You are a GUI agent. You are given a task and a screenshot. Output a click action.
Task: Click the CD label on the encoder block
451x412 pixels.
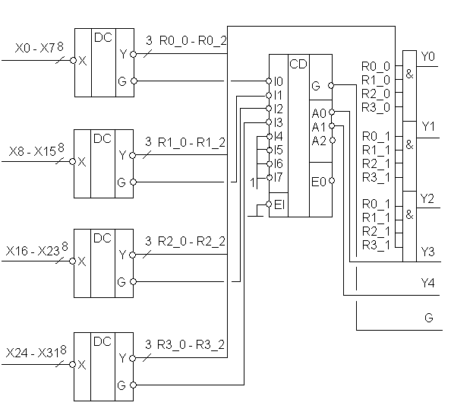pyautogui.click(x=298, y=64)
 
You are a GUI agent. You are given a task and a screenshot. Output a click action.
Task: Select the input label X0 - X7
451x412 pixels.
pyautogui.click(x=34, y=48)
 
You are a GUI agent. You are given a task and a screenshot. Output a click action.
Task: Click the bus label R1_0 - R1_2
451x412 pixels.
pyautogui.click(x=191, y=142)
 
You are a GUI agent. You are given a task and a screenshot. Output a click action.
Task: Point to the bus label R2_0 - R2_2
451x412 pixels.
pyautogui.click(x=191, y=241)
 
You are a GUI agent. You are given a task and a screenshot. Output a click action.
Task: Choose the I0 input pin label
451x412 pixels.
pyautogui.click(x=278, y=81)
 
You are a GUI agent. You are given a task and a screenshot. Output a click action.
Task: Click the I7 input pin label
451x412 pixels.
pyautogui.click(x=278, y=177)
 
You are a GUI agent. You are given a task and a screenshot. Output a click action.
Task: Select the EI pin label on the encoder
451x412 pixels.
pyautogui.click(x=279, y=204)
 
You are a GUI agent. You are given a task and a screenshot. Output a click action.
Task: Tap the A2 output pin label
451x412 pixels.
pyautogui.click(x=319, y=141)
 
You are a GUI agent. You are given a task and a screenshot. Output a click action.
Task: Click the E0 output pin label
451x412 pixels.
pyautogui.click(x=319, y=182)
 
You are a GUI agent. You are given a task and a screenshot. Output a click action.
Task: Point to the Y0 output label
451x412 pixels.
pyautogui.click(x=427, y=56)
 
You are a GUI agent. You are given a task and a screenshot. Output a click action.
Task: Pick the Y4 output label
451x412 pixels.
pyautogui.click(x=427, y=283)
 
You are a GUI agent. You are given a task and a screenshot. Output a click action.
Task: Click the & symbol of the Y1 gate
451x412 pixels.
pyautogui.click(x=409, y=144)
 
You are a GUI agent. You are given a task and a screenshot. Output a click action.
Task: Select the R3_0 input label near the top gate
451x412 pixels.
pyautogui.click(x=376, y=108)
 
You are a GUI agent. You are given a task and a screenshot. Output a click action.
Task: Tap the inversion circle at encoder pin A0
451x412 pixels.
pyautogui.click(x=332, y=112)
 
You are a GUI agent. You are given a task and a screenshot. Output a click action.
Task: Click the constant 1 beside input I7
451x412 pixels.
pyautogui.click(x=252, y=182)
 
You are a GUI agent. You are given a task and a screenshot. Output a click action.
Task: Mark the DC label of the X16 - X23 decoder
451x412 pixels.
pyautogui.click(x=102, y=238)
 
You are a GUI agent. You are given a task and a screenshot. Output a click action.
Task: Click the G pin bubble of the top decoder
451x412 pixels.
pyautogui.click(x=134, y=81)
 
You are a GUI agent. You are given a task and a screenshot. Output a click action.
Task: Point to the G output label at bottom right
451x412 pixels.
pyautogui.click(x=428, y=318)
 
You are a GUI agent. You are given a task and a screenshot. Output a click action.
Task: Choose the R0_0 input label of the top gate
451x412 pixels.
pyautogui.click(x=376, y=66)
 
